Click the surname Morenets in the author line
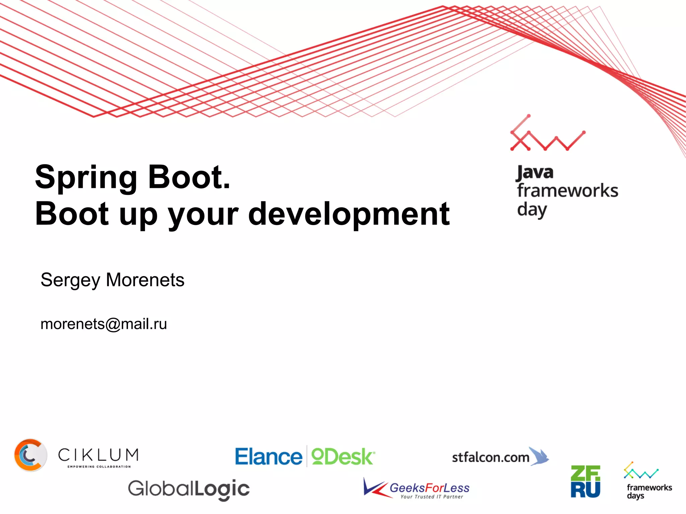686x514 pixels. click(x=145, y=280)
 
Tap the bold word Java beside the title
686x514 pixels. click(x=535, y=173)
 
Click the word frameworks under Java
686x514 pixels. click(x=567, y=191)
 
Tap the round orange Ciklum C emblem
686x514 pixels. click(x=30, y=455)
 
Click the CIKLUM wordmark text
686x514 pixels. click(x=98, y=455)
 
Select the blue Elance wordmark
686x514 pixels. click(x=268, y=457)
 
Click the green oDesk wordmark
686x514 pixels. click(x=343, y=457)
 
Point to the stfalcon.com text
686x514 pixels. click(x=490, y=457)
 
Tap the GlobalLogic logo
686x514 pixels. click(x=189, y=489)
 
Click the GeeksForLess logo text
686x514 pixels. click(x=429, y=488)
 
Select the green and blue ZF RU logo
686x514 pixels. click(x=585, y=482)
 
